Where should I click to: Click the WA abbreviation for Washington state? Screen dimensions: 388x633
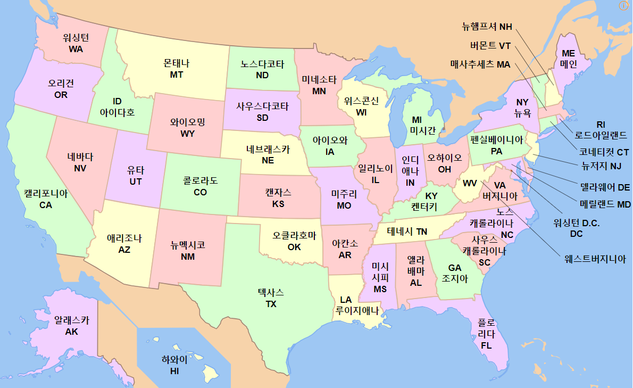(76, 49)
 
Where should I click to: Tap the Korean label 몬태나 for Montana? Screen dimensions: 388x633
(177, 63)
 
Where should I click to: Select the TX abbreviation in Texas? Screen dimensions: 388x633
(271, 304)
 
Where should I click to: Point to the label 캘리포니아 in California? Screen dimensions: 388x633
(46, 193)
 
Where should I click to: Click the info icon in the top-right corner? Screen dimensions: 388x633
(624, 6)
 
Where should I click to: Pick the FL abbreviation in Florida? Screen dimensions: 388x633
(486, 345)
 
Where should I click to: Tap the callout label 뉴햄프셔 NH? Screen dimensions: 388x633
(487, 27)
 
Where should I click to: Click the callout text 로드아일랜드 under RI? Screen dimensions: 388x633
(601, 135)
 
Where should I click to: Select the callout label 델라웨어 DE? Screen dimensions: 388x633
(605, 187)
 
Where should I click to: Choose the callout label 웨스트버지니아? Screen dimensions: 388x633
(595, 259)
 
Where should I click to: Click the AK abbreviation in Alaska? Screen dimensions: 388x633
(72, 332)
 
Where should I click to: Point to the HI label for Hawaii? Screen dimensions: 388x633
(174, 371)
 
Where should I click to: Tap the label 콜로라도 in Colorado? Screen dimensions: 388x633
(200, 180)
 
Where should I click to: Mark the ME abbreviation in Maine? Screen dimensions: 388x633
(569, 53)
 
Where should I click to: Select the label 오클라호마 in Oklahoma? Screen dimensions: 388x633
(294, 235)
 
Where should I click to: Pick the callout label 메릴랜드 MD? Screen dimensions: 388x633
(605, 203)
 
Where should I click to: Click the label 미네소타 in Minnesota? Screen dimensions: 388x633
(319, 80)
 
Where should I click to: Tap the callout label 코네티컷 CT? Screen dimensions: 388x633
(604, 152)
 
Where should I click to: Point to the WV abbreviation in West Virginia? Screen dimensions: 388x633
(470, 184)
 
